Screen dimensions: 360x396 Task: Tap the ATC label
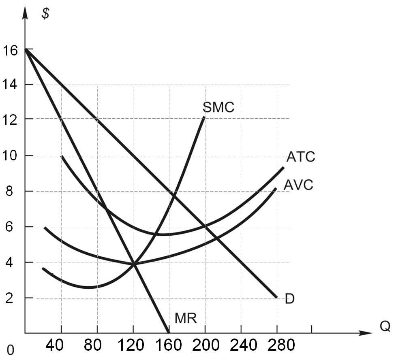pyautogui.click(x=300, y=157)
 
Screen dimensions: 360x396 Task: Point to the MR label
pyautogui.click(x=186, y=318)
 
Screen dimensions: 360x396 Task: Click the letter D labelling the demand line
pyautogui.click(x=289, y=299)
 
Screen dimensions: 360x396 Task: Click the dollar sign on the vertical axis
pyautogui.click(x=46, y=13)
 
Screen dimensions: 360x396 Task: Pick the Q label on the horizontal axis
pyautogui.click(x=385, y=326)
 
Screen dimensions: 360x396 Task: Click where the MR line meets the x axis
pyautogui.click(x=168, y=333)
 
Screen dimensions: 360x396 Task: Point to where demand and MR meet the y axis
pyautogui.click(x=26, y=49)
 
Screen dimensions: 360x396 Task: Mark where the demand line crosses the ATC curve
pyautogui.click(x=205, y=226)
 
